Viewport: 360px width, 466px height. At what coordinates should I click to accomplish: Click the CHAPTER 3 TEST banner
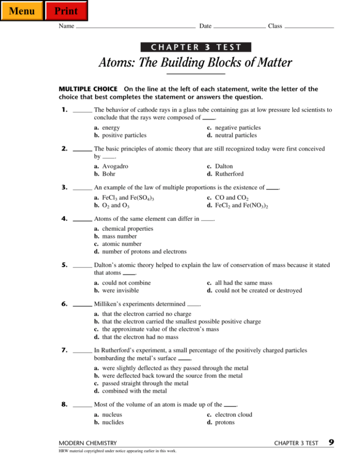[196, 46]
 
